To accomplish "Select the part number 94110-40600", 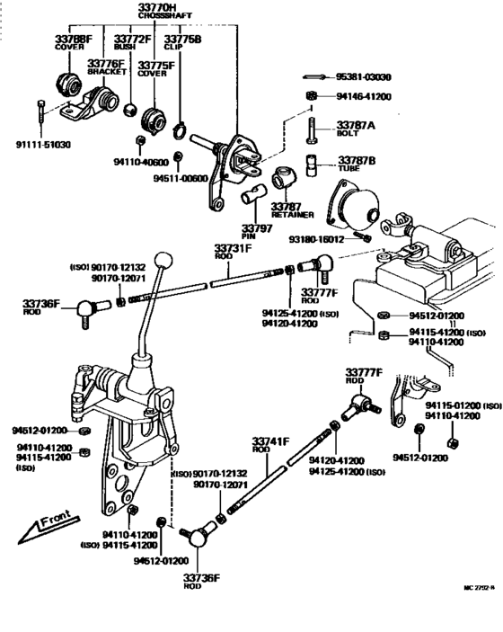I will tap(141, 162).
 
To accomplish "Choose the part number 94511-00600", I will tap(179, 178).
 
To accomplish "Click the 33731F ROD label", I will tap(233, 252).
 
